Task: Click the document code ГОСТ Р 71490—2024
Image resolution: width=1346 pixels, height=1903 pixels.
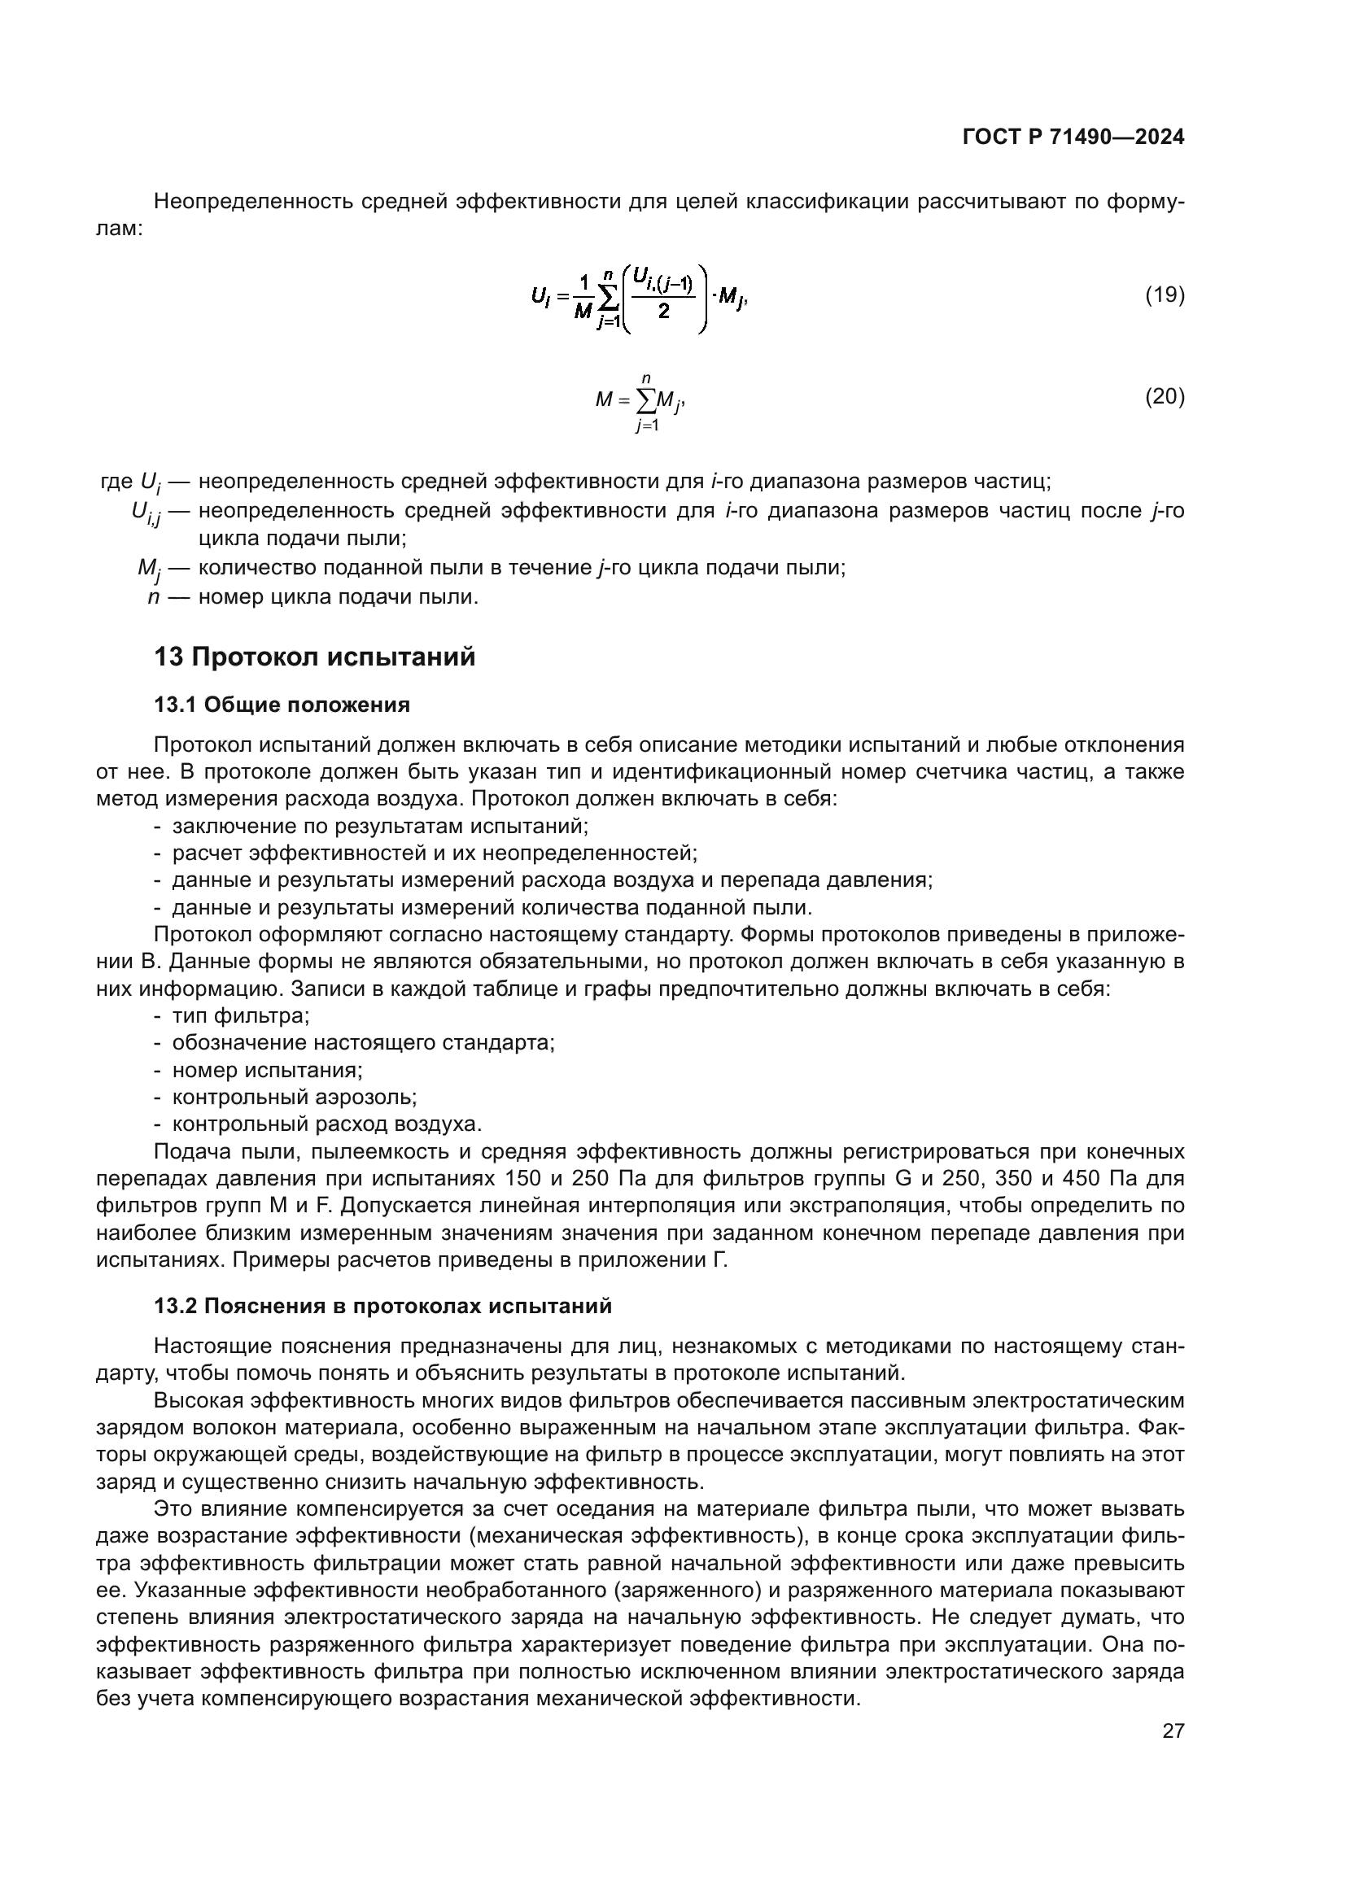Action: click(1073, 137)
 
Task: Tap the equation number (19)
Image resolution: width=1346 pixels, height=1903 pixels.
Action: click(1165, 295)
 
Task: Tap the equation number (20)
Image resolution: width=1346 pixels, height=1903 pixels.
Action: click(1165, 397)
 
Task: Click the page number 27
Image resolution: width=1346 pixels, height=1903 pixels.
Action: click(1173, 1731)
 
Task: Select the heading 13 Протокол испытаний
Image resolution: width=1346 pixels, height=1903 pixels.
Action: click(315, 657)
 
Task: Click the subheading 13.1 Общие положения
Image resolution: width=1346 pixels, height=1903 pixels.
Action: click(282, 705)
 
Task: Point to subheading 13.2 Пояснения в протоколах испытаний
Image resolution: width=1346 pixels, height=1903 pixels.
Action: click(383, 1307)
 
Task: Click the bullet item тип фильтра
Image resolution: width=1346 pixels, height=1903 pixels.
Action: click(240, 1016)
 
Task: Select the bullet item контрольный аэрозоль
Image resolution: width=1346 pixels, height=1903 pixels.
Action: click(295, 1098)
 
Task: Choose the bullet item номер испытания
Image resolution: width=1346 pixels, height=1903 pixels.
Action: click(267, 1070)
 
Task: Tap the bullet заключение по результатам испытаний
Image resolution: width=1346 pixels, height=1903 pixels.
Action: click(379, 827)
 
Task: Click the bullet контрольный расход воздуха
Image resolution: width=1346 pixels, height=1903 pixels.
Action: click(326, 1124)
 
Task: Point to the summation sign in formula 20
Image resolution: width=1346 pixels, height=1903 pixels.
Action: click(645, 401)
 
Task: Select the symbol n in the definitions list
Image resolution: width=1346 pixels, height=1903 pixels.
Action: click(153, 596)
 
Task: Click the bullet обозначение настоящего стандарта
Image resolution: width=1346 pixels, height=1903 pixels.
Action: click(363, 1043)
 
